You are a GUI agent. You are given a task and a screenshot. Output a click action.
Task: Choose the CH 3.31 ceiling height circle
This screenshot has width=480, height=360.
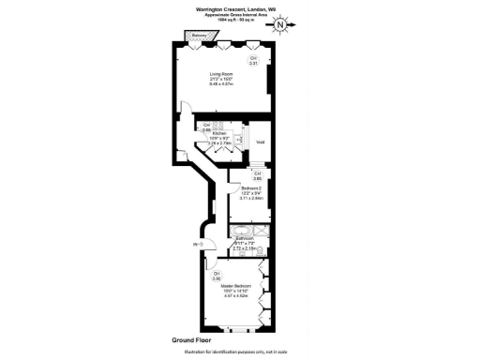(252, 61)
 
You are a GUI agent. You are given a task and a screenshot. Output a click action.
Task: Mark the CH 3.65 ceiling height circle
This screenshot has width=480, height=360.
(257, 175)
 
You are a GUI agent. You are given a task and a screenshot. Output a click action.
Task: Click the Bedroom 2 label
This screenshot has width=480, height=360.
(239, 193)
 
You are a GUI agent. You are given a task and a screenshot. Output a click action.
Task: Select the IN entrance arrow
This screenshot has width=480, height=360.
(198, 245)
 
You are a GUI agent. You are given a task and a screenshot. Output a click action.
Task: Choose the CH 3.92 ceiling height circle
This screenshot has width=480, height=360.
(217, 277)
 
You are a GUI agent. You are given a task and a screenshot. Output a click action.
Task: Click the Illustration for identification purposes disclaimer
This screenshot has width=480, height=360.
(239, 353)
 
